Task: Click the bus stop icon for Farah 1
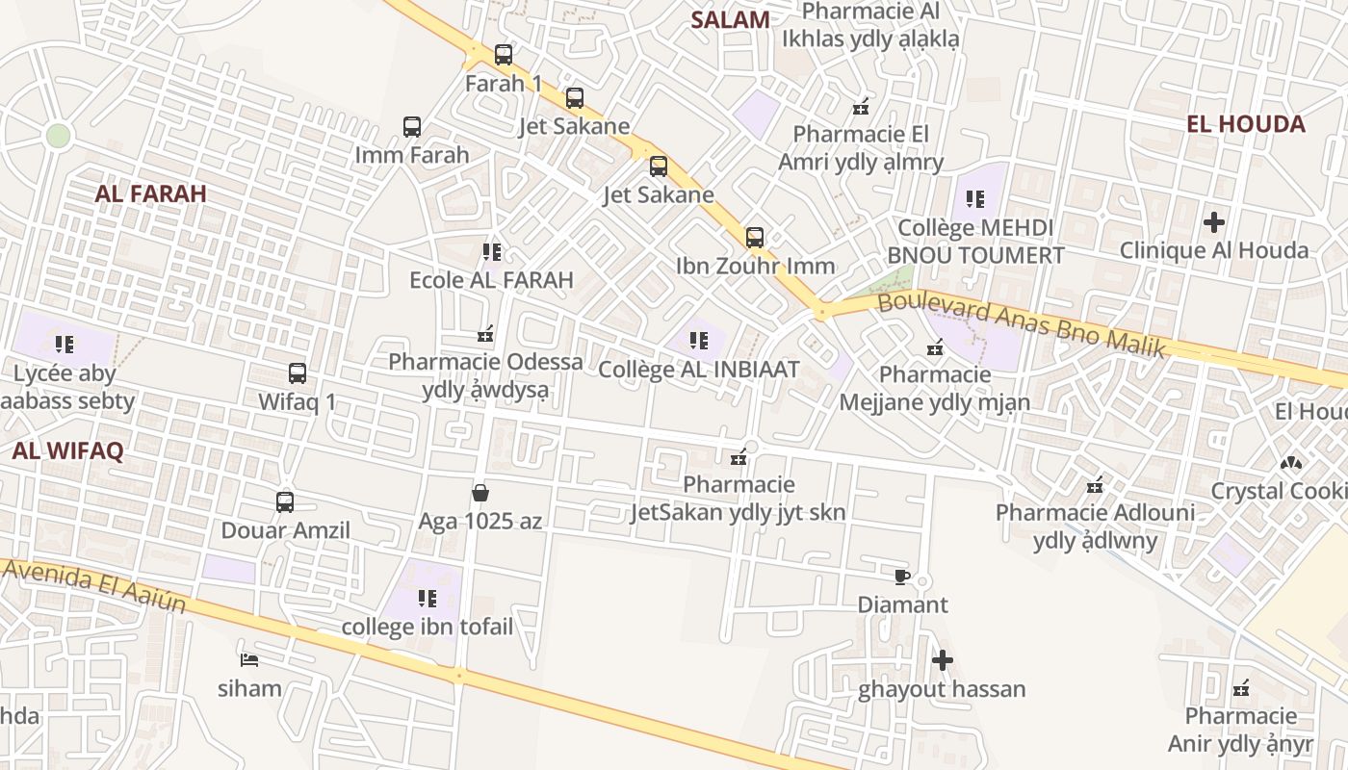click(x=504, y=55)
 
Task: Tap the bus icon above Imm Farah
click(x=412, y=127)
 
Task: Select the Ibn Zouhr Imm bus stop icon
click(x=755, y=237)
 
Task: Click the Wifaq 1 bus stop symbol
click(x=298, y=373)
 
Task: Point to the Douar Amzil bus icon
click(x=285, y=501)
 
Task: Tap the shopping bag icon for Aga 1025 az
click(x=480, y=493)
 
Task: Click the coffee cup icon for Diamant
click(x=901, y=577)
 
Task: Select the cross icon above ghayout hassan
click(x=943, y=660)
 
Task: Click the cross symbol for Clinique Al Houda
click(x=1214, y=222)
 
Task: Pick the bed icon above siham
click(x=249, y=659)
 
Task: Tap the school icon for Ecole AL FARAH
click(x=492, y=252)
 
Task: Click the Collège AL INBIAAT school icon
click(x=699, y=340)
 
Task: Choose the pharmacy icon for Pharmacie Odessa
click(x=485, y=334)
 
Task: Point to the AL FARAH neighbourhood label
click(x=151, y=193)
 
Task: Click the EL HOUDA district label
click(x=1246, y=124)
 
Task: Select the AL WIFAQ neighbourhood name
click(x=68, y=450)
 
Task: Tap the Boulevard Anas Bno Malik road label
click(x=1022, y=324)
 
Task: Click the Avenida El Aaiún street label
click(x=94, y=584)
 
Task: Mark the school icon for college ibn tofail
click(x=428, y=599)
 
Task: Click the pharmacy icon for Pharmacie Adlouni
click(x=1095, y=484)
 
